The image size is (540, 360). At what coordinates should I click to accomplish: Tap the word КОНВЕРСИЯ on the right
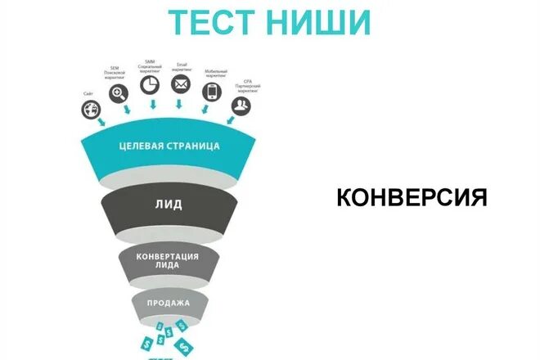(412, 197)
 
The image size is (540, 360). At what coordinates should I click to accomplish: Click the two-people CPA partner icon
(240, 106)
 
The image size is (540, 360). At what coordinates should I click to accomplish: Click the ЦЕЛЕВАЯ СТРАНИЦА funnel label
(169, 146)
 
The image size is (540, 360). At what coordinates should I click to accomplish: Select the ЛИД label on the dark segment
(170, 205)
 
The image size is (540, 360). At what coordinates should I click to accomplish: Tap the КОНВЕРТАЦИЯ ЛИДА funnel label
(170, 259)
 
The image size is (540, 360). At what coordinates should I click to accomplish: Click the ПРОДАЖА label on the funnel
(170, 304)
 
